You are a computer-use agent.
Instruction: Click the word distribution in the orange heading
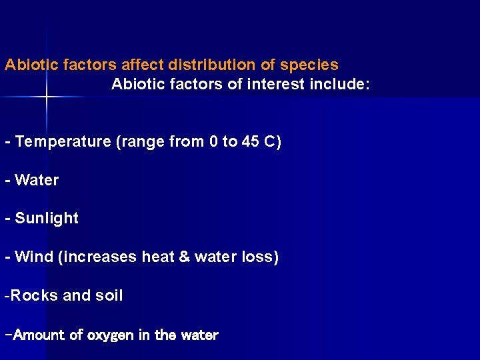point(203,65)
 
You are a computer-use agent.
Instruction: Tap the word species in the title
point(309,65)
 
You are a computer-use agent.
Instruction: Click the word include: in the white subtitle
point(339,85)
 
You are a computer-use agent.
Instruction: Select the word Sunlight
point(47,218)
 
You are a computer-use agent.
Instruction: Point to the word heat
point(158,257)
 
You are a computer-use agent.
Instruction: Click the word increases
point(99,257)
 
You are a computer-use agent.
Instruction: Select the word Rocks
point(34,295)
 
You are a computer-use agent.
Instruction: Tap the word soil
point(109,295)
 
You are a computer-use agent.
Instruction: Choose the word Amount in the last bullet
point(39,335)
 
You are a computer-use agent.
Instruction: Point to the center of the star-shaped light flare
point(47,97)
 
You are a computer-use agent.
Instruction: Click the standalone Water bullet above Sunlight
point(37,180)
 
